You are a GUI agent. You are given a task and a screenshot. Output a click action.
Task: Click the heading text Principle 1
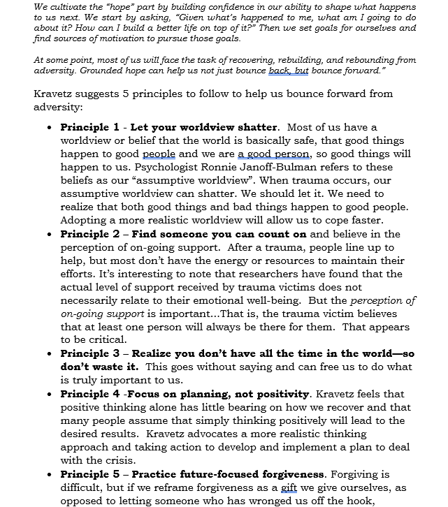89,127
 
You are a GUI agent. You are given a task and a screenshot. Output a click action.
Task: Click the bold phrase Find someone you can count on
219,234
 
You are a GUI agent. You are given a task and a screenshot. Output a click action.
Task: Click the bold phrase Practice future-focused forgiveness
229,474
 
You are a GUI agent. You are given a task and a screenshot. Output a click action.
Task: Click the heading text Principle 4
89,394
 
